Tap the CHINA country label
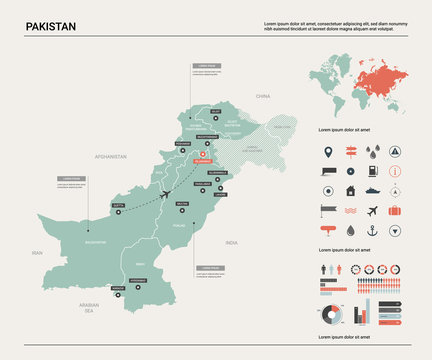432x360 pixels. pos(263,97)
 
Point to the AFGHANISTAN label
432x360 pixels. pos(110,156)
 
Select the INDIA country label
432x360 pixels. pos(231,242)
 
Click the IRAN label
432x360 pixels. pos(37,253)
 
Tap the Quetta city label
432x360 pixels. pos(119,204)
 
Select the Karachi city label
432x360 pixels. pos(119,288)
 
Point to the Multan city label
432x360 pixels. pos(181,203)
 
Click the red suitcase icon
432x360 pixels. pos(395,210)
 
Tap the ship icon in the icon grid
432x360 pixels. pos(373,190)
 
